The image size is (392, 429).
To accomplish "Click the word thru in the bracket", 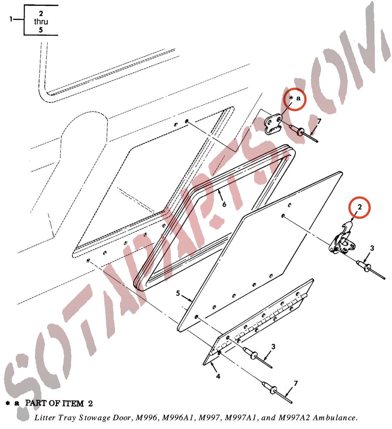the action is pos(41,21).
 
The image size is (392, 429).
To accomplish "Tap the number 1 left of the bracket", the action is pos(11,19).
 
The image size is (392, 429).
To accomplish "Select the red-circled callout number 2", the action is pos(360,207).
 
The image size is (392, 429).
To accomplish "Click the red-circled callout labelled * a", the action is pos(295,98).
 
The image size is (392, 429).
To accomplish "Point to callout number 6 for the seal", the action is pos(224,204).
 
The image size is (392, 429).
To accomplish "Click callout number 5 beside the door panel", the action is pos(178,293).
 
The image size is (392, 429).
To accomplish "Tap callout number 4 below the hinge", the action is pos(218,376).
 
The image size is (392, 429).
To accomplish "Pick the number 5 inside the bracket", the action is pos(41,30).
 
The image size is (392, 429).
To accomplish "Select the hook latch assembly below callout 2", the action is pos(342,239).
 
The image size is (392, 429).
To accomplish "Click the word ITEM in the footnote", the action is pos(74,403).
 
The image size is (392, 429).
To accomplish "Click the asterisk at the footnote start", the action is pos(8,403).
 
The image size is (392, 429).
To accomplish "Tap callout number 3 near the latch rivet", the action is pos(372,248).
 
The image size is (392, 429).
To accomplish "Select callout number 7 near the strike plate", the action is pos(319,122).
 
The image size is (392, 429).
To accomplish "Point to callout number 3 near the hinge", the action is pos(273,346).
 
